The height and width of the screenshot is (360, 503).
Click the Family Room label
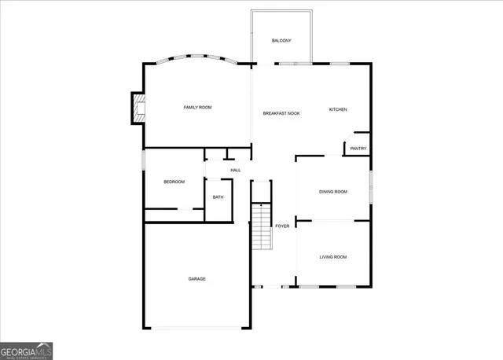[x=197, y=107]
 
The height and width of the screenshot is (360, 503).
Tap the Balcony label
[x=282, y=41]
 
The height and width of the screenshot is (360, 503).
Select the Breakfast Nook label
[x=281, y=113]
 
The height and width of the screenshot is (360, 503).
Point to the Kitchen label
[x=337, y=109]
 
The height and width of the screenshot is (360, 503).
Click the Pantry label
[x=358, y=149]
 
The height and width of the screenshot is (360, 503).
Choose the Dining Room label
[x=332, y=192]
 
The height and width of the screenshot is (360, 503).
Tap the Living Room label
[x=332, y=257]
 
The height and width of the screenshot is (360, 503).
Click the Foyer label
[x=282, y=226]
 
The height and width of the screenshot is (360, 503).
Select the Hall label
[x=235, y=170]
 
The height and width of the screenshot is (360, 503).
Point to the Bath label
[x=218, y=197]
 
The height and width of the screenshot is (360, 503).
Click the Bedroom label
[x=174, y=182]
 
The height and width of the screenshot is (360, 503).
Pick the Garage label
[x=196, y=279]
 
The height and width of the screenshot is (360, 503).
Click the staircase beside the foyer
[x=261, y=226]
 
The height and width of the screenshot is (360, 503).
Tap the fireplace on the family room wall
[x=137, y=108]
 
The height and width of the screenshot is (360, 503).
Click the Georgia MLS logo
[x=27, y=350]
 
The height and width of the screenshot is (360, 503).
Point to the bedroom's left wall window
[x=143, y=160]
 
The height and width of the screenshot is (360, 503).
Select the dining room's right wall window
[x=370, y=189]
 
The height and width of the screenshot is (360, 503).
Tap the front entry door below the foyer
[x=271, y=286]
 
